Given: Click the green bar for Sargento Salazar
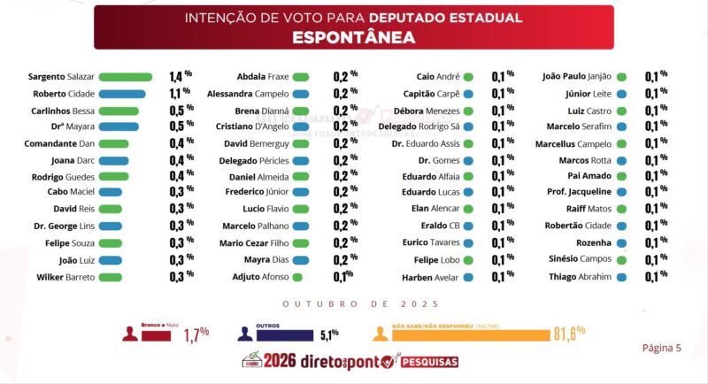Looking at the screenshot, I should pos(126,77).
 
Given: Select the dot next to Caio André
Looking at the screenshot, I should pos(468,77).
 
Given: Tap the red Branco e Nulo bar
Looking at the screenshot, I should pos(157,335).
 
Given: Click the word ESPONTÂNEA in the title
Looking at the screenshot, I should pos(353,37).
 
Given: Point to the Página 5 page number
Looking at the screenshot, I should pos(661,348).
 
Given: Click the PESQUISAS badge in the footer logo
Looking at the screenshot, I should pos(430,362).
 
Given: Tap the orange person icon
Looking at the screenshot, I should pos(381,334).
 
